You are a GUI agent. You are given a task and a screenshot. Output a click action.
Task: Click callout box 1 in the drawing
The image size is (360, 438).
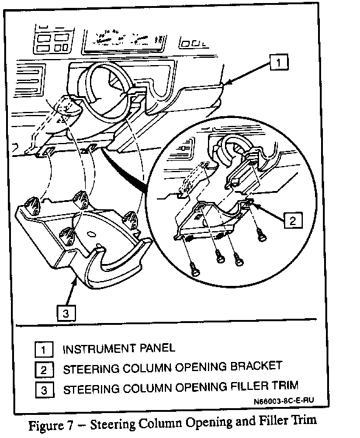(x=279, y=62)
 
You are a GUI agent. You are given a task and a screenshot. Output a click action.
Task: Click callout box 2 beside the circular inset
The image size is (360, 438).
(x=293, y=220)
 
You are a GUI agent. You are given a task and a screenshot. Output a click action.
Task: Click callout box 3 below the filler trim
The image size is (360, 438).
(x=66, y=313)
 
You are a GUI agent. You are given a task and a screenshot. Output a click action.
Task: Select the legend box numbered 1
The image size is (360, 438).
(x=44, y=349)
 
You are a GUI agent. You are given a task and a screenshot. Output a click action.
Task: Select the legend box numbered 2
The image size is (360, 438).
(x=44, y=370)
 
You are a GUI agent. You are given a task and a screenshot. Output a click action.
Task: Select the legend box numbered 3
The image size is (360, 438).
(x=44, y=390)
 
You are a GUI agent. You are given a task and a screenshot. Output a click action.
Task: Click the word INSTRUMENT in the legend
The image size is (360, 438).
(x=99, y=349)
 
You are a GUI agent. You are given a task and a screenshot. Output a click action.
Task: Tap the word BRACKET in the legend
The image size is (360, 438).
(x=256, y=366)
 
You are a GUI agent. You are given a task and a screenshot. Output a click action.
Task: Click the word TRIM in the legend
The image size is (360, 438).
(x=285, y=385)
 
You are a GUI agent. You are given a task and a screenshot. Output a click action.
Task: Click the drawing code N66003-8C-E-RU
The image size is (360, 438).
(x=284, y=401)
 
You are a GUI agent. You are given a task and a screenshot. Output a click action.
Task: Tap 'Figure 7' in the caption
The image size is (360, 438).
(x=50, y=425)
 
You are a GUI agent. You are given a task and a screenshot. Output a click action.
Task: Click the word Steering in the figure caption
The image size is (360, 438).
(x=113, y=424)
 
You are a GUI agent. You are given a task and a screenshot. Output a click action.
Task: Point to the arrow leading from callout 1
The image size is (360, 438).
(x=247, y=72)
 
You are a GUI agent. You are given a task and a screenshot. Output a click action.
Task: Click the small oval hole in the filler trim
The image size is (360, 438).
(x=91, y=234)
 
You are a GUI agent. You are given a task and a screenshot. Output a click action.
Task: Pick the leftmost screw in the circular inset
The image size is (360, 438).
(x=195, y=269)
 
